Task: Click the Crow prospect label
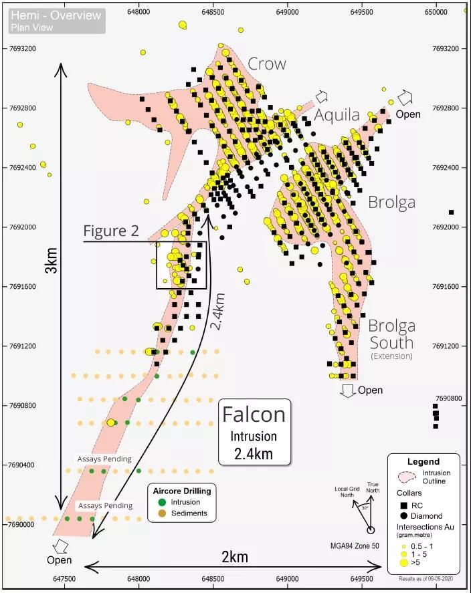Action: pyautogui.click(x=266, y=64)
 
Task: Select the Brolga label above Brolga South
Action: pyautogui.click(x=391, y=202)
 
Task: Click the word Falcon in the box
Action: pyautogui.click(x=254, y=414)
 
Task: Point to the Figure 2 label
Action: pyautogui.click(x=111, y=231)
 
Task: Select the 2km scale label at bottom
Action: pyautogui.click(x=234, y=557)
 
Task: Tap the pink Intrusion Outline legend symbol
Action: pyautogui.click(x=407, y=476)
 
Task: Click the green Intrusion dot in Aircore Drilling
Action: pyautogui.click(x=163, y=502)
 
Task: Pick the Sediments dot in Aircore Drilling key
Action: pyautogui.click(x=163, y=513)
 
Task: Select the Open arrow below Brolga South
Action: pyautogui.click(x=348, y=390)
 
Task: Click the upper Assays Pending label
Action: pyautogui.click(x=104, y=459)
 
